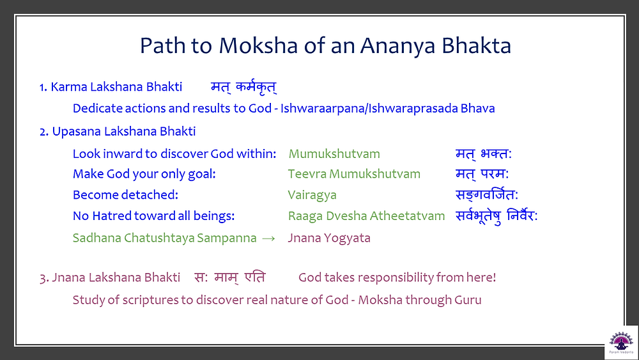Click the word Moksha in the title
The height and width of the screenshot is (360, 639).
tap(258, 45)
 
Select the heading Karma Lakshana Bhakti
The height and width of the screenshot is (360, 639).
tap(116, 87)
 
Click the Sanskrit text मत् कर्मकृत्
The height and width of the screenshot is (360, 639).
tap(243, 87)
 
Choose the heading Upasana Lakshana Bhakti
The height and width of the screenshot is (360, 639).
tap(124, 131)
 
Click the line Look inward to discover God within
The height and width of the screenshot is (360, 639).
tap(174, 153)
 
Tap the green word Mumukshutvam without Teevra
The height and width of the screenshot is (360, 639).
tap(334, 153)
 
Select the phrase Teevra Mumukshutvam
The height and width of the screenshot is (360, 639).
tap(354, 174)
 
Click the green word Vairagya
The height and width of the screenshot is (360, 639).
tap(312, 195)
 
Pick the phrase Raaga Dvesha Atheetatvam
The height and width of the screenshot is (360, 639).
tap(366, 215)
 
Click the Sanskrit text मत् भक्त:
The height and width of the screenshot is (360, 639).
tap(483, 153)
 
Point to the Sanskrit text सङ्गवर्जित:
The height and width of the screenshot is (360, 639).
tap(486, 195)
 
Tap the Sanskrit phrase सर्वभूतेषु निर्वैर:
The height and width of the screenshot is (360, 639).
tap(497, 215)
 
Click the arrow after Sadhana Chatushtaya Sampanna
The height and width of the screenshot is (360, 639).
tap(268, 239)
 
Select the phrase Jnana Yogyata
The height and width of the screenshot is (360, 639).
tap(329, 238)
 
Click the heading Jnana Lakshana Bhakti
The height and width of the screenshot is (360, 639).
tap(116, 278)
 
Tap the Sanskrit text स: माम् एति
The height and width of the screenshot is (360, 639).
tap(230, 278)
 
